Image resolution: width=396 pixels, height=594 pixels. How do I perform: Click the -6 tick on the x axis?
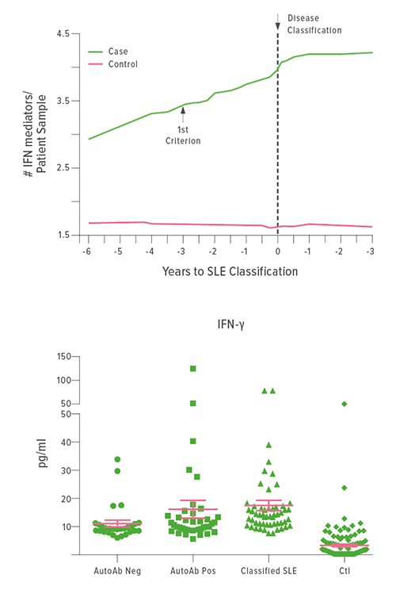86,250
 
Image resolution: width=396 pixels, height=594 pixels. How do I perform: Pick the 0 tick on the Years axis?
277,250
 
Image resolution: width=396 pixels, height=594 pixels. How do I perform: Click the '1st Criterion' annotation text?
183,135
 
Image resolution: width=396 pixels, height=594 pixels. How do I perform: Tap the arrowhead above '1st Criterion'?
183,111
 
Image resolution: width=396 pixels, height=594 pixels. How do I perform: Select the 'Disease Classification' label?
314,24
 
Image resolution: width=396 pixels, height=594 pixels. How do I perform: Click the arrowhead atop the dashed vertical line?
277,26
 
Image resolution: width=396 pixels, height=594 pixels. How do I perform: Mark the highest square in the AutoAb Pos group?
192,369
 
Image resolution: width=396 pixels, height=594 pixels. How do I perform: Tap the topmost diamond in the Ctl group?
345,404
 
